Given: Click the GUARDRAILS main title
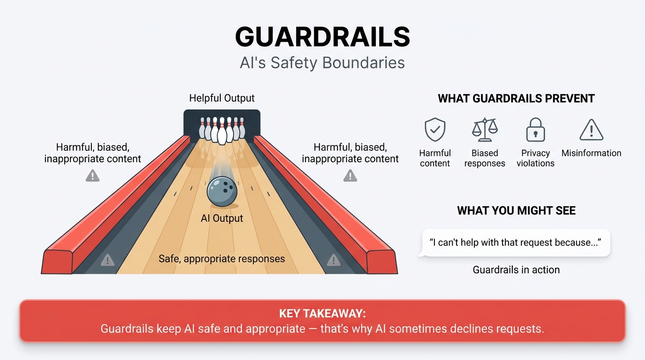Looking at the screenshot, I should coord(322,37).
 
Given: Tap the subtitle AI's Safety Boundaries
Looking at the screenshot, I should coord(322,63).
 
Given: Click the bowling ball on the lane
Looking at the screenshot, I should coord(222,191).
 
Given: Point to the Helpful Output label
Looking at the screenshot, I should coord(222,98).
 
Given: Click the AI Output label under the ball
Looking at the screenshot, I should coord(222,218).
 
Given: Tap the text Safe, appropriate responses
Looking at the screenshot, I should coord(222,259).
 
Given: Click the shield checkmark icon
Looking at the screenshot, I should coord(435,130).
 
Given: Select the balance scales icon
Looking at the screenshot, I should coord(485,130).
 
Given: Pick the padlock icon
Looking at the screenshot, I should coord(535,130).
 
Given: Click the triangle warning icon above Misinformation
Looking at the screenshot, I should coord(591,130).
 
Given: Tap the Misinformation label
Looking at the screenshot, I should coord(591,153).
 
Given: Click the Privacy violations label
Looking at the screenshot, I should coord(535,158).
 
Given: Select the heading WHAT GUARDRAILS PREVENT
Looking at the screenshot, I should coord(516,99).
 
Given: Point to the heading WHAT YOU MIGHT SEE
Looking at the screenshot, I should coord(516,211).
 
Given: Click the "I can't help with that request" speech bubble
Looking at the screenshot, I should coord(515,243).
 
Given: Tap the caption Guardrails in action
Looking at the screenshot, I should coord(516,270).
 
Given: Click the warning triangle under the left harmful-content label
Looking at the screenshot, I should coord(93,176).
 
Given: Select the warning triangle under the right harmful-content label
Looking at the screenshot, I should coord(350,176).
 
